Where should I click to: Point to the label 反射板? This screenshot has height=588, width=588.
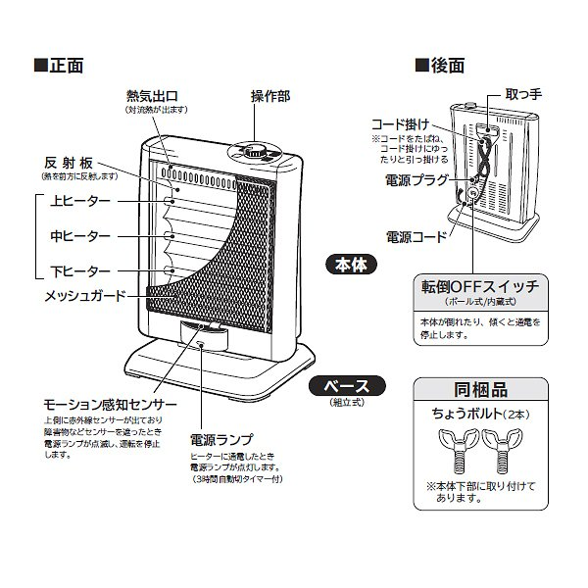pyautogui.click(x=73, y=163)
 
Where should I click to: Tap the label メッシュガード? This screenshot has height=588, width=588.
pyautogui.click(x=85, y=294)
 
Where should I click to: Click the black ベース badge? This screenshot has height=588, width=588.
pyautogui.click(x=340, y=385)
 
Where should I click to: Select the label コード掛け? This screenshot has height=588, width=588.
pyautogui.click(x=400, y=124)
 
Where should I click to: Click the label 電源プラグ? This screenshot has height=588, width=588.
pyautogui.click(x=416, y=180)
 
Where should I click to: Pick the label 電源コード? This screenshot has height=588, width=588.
pyautogui.click(x=416, y=236)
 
